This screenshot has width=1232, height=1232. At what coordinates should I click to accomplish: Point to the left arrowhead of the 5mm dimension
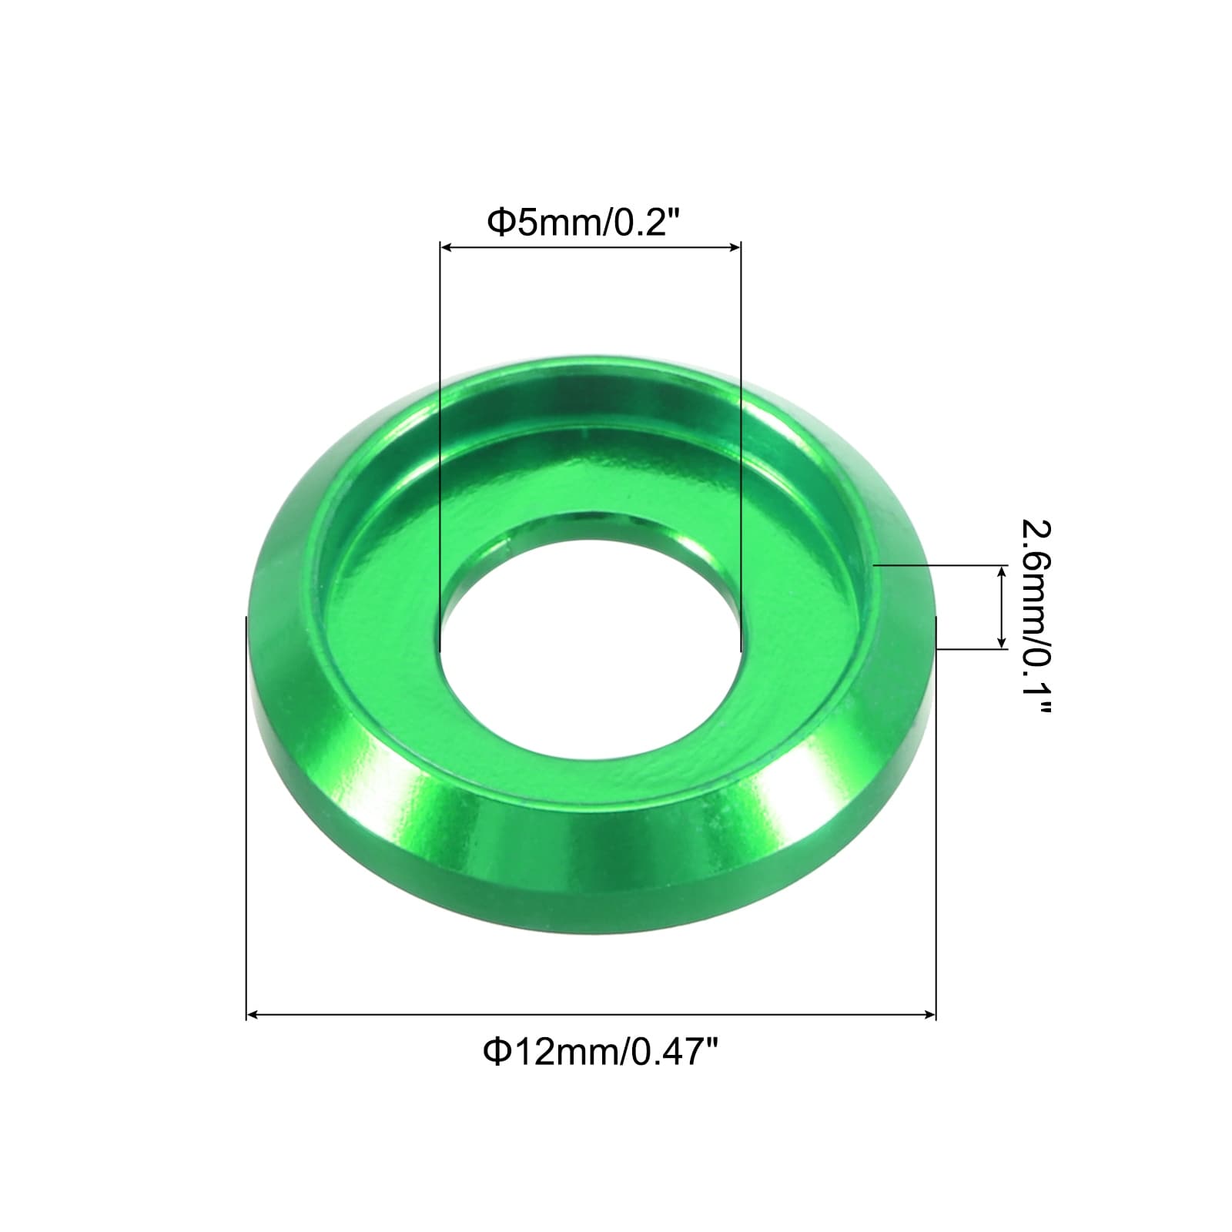(446, 247)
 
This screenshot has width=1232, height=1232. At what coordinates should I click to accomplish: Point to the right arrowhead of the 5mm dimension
(734, 247)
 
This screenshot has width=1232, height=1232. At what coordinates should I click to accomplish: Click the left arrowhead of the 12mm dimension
(253, 1016)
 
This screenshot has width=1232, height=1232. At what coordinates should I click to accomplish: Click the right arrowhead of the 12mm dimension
(929, 1016)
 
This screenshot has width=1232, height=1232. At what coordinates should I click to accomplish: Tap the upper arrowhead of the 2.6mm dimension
(1002, 572)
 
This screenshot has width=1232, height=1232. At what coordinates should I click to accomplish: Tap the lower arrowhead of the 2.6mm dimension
(1002, 641)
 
